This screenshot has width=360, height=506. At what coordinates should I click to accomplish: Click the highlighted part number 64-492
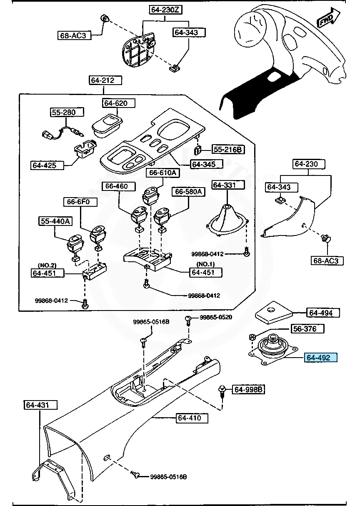pos(321,358)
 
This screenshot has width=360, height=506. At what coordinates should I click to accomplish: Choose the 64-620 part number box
pos(115,103)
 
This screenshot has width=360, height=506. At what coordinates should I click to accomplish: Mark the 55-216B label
pos(228,149)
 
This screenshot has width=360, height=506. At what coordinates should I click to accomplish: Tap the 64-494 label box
pos(323,313)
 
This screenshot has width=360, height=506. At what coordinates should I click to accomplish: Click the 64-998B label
pos(249,390)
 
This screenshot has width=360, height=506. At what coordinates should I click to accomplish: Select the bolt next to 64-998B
pos(222,391)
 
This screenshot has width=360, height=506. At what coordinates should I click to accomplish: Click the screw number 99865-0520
pos(215,317)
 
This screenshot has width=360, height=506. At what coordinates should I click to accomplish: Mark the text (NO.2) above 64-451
pos(47,266)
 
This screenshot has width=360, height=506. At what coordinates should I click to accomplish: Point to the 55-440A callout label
pos(55,221)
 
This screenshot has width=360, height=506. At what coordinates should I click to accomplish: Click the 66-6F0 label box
pos(80,202)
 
